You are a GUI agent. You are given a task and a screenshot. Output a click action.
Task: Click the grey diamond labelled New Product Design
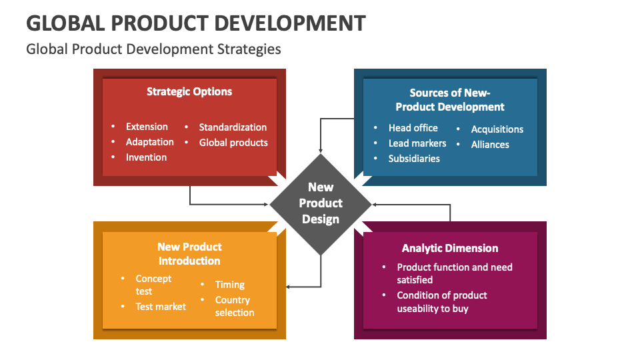321,204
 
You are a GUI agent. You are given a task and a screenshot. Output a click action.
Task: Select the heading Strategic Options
189,92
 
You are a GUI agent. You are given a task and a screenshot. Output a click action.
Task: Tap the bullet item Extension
147,127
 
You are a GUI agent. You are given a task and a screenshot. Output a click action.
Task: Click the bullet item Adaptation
150,142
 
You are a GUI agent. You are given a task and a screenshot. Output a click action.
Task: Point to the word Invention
146,157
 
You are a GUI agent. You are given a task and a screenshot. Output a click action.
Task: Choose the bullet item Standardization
233,127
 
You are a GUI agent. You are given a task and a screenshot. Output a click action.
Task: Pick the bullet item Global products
233,143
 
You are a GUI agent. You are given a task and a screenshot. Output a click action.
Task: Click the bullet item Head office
413,128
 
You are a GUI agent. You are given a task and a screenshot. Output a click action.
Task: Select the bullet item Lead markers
417,143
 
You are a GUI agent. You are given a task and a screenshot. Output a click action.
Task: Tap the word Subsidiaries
414,159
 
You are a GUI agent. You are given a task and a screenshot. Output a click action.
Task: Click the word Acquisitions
497,129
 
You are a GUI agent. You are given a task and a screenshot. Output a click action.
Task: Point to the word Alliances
490,145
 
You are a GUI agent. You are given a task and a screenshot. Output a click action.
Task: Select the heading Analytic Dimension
450,248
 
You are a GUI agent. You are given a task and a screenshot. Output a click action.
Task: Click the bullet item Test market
161,307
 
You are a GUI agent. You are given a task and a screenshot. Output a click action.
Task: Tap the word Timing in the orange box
230,285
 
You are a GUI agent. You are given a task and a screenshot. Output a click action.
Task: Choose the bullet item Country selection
234,306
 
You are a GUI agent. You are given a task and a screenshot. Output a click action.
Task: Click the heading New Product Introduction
189,253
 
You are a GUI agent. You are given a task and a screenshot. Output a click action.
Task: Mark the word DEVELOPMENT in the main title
290,23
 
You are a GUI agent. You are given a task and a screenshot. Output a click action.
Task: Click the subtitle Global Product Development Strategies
153,49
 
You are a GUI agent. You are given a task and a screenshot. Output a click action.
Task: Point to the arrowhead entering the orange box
288,287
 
